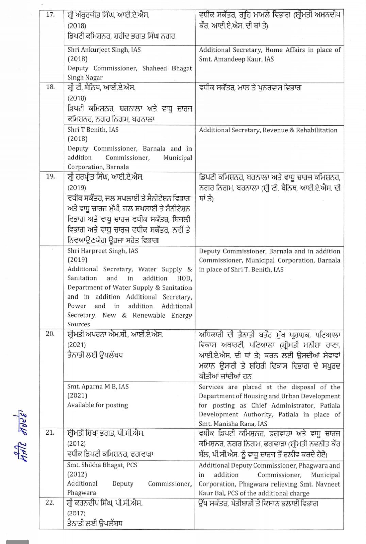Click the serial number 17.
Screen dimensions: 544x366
(x=50, y=15)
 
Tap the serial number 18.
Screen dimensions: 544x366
(x=50, y=87)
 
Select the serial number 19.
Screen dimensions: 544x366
(x=50, y=176)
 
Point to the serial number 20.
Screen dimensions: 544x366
(x=50, y=334)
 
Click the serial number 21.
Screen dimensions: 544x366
(x=50, y=432)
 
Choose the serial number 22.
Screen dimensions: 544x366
(x=50, y=503)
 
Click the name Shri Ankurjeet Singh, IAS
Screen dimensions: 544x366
(x=104, y=50)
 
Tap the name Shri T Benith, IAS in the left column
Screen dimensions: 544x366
(x=93, y=130)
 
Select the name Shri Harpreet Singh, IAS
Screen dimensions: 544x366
(x=103, y=251)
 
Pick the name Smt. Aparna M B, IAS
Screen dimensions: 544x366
(x=98, y=387)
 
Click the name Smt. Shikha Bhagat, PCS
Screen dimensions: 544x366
(x=102, y=465)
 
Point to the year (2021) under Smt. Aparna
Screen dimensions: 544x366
(x=77, y=396)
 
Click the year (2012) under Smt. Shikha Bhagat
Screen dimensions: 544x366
(x=77, y=474)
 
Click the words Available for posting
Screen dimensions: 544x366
(x=98, y=405)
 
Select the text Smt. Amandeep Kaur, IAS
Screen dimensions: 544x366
(x=236, y=59)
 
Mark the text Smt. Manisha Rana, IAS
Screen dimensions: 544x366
(x=233, y=424)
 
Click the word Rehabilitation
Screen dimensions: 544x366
(x=317, y=130)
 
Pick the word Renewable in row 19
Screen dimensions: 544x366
(x=149, y=315)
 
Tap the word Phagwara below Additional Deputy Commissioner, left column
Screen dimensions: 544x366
(x=82, y=493)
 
